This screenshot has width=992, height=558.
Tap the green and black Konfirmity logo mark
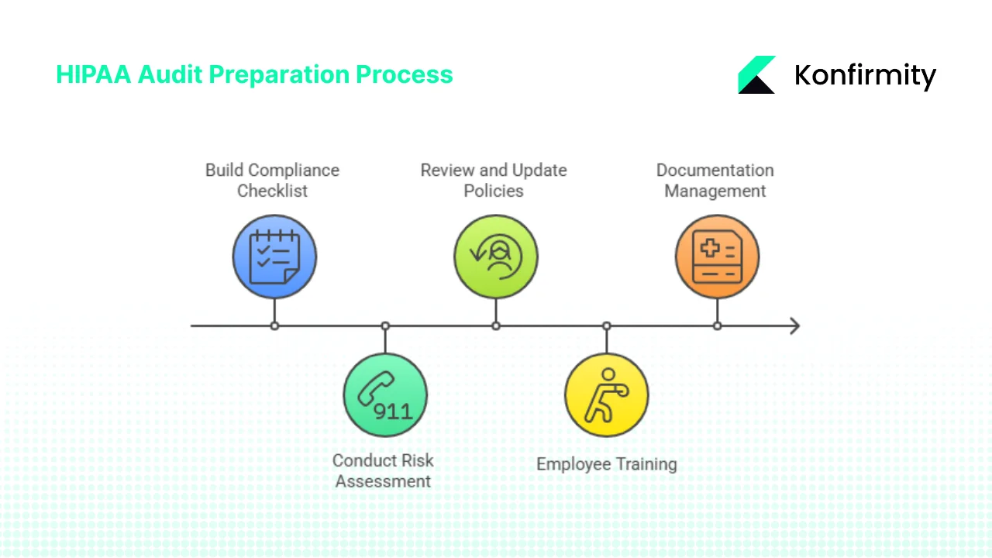pyautogui.click(x=756, y=74)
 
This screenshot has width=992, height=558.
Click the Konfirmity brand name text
pyautogui.click(x=865, y=75)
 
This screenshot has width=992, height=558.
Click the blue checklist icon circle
pyautogui.click(x=274, y=257)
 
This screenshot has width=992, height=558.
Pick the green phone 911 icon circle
pyautogui.click(x=385, y=394)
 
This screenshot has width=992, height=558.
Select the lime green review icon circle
pyautogui.click(x=496, y=257)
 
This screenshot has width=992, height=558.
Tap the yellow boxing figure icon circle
pyautogui.click(x=607, y=394)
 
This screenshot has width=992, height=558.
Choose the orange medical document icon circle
pyautogui.click(x=717, y=257)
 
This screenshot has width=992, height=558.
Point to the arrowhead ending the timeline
pyautogui.click(x=794, y=325)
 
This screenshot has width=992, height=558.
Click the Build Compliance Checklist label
pyautogui.click(x=272, y=180)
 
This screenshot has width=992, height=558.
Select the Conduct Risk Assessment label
pyautogui.click(x=383, y=470)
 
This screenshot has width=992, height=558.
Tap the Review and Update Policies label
pyautogui.click(x=494, y=180)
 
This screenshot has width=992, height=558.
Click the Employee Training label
pyautogui.click(x=606, y=463)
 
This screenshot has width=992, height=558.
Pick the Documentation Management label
pyautogui.click(x=715, y=180)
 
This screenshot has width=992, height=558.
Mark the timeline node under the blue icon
pyautogui.click(x=274, y=325)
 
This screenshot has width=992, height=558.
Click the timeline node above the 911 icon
pyautogui.click(x=385, y=325)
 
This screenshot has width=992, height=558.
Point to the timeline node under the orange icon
pyautogui.click(x=717, y=325)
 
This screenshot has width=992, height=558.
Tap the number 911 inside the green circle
pyautogui.click(x=393, y=410)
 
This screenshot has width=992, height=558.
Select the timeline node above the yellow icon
pyautogui.click(x=607, y=325)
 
